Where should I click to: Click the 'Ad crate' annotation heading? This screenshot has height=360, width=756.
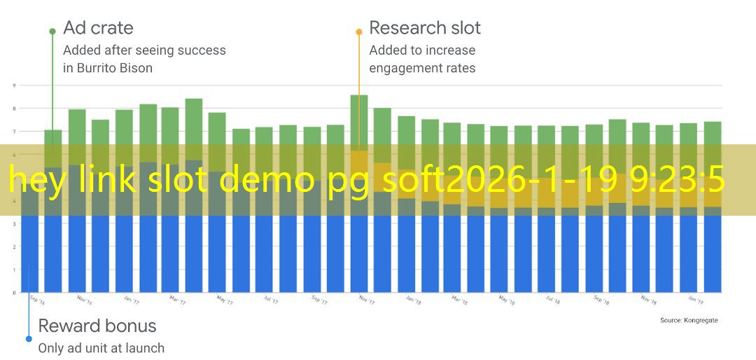tap(98, 28)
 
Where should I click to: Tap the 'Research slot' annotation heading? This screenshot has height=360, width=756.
tap(424, 28)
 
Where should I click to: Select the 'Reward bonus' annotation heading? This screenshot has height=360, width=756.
tap(97, 326)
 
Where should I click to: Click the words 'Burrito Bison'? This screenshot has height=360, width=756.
tap(117, 68)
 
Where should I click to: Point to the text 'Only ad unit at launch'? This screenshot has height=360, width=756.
tap(101, 347)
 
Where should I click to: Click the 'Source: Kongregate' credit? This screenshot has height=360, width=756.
tap(688, 320)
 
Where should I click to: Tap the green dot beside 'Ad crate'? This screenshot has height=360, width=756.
tap(52, 32)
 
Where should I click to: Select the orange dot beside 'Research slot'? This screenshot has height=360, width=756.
tap(358, 32)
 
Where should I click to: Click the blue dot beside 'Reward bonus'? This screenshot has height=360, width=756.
tap(29, 339)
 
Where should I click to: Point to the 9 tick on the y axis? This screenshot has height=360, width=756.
tap(13, 85)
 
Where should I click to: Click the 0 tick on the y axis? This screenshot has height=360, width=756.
tap(13, 292)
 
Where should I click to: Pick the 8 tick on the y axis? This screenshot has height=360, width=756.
tap(13, 109)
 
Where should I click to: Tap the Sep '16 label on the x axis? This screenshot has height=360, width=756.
tap(37, 299)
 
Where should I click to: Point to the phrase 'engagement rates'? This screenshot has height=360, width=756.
tap(422, 68)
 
